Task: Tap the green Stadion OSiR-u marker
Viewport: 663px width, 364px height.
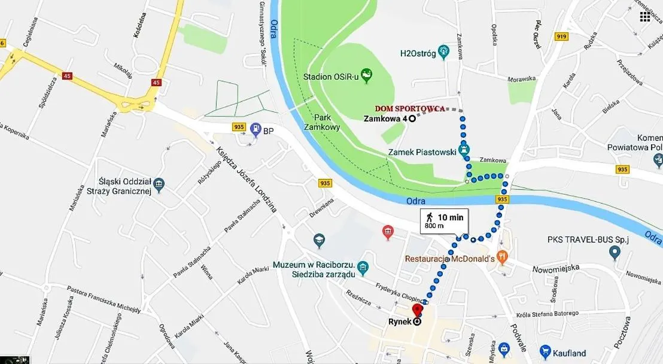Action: (367, 75)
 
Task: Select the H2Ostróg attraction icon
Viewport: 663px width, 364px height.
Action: (443, 52)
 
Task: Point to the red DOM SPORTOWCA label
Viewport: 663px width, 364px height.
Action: (410, 108)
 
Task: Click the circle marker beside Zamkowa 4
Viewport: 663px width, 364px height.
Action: (412, 119)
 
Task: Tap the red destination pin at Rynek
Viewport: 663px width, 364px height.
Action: (417, 311)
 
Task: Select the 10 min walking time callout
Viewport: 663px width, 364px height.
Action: (443, 220)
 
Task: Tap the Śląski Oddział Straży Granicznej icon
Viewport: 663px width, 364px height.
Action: (159, 183)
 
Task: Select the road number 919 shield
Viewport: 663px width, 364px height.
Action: (561, 37)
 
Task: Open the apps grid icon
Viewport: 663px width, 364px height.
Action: (645, 16)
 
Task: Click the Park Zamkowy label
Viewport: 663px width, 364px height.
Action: (322, 123)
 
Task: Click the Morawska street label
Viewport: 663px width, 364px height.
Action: (521, 78)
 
